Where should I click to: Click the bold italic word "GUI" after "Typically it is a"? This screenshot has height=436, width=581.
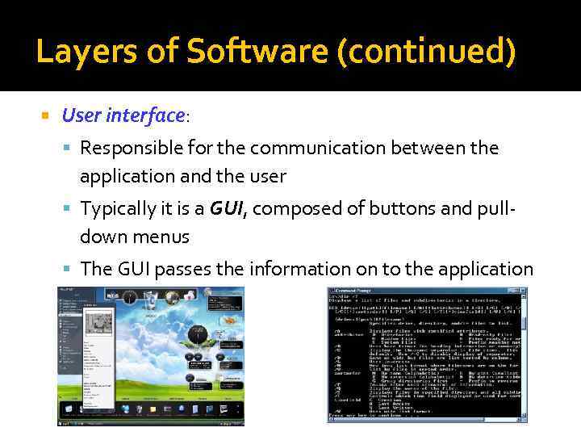click(227, 209)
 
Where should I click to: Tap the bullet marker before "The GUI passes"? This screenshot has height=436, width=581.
click(70, 270)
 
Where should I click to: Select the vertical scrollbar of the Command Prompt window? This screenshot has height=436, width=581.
click(523, 355)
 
